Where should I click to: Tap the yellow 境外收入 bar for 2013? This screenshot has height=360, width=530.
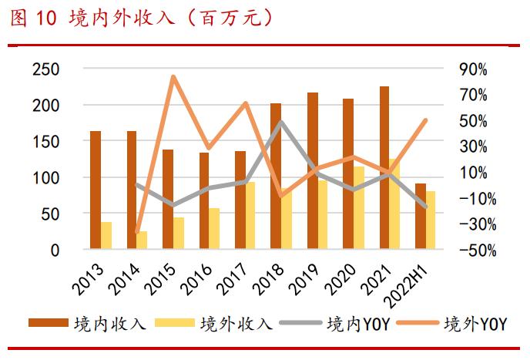106,235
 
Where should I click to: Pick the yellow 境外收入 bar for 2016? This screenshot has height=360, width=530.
214,229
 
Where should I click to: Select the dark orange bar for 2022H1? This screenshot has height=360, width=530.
420,217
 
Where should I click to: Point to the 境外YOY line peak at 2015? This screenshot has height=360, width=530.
173,76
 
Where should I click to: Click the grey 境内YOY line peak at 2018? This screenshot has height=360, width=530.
281,121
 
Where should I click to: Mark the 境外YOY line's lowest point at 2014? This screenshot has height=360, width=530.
137,231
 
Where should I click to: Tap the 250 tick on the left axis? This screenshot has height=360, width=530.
45,69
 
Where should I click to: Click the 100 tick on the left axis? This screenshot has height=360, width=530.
45,178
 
